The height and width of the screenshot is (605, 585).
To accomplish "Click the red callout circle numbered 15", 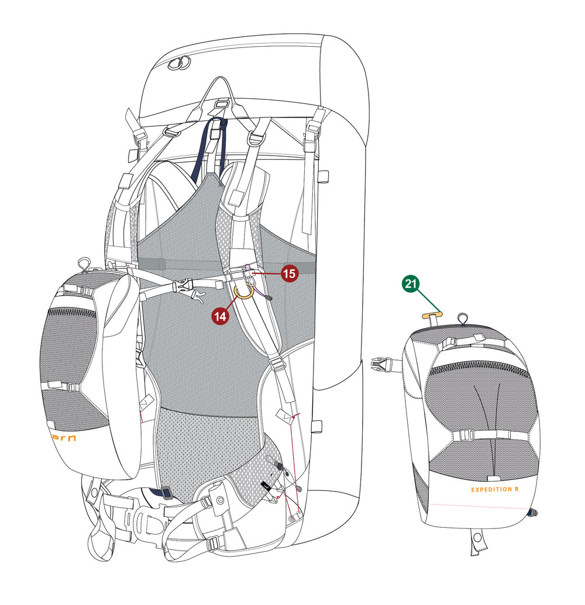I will click(291, 273).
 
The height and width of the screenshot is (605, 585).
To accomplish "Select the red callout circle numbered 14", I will click(221, 317).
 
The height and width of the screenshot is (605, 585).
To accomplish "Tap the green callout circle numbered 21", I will click(411, 285).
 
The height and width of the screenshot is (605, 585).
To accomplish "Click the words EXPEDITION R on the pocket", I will click(498, 489).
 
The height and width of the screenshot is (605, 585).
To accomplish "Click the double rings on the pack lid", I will click(179, 63).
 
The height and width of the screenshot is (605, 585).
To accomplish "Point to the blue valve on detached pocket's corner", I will click(532, 513).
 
